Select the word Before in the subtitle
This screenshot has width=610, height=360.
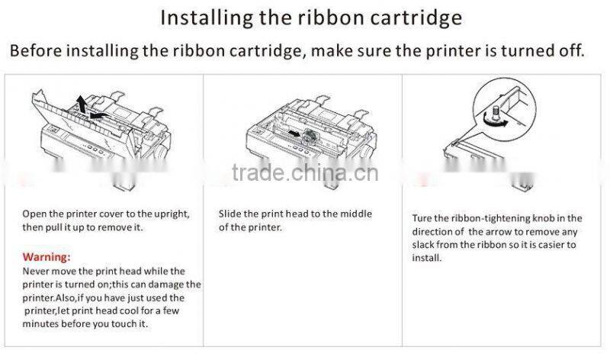(x=35, y=52)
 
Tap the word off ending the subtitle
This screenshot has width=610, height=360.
(x=571, y=52)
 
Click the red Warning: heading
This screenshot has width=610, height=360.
(x=47, y=256)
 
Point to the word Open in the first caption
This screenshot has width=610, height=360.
(x=35, y=214)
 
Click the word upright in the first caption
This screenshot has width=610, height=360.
(x=170, y=214)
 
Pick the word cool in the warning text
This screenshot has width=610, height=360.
(x=129, y=310)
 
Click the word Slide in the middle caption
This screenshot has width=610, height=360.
(x=230, y=214)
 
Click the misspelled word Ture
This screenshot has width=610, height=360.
(x=422, y=218)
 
